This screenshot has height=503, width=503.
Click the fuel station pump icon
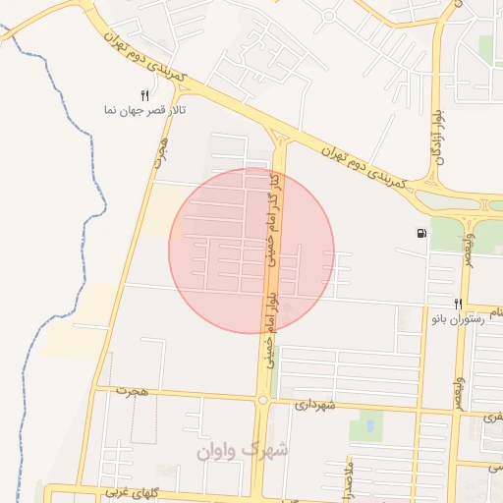point(421,233)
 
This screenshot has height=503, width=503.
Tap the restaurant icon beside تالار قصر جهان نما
point(144,95)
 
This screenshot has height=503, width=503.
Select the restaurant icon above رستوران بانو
point(458,304)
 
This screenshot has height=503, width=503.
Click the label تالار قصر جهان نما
point(139,110)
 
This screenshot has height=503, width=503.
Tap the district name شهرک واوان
point(242,450)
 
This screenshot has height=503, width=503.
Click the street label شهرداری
point(315,404)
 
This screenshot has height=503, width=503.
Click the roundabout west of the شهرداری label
point(262,400)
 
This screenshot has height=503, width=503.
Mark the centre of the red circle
point(251,251)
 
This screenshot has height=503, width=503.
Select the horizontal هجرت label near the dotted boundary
point(131,391)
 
